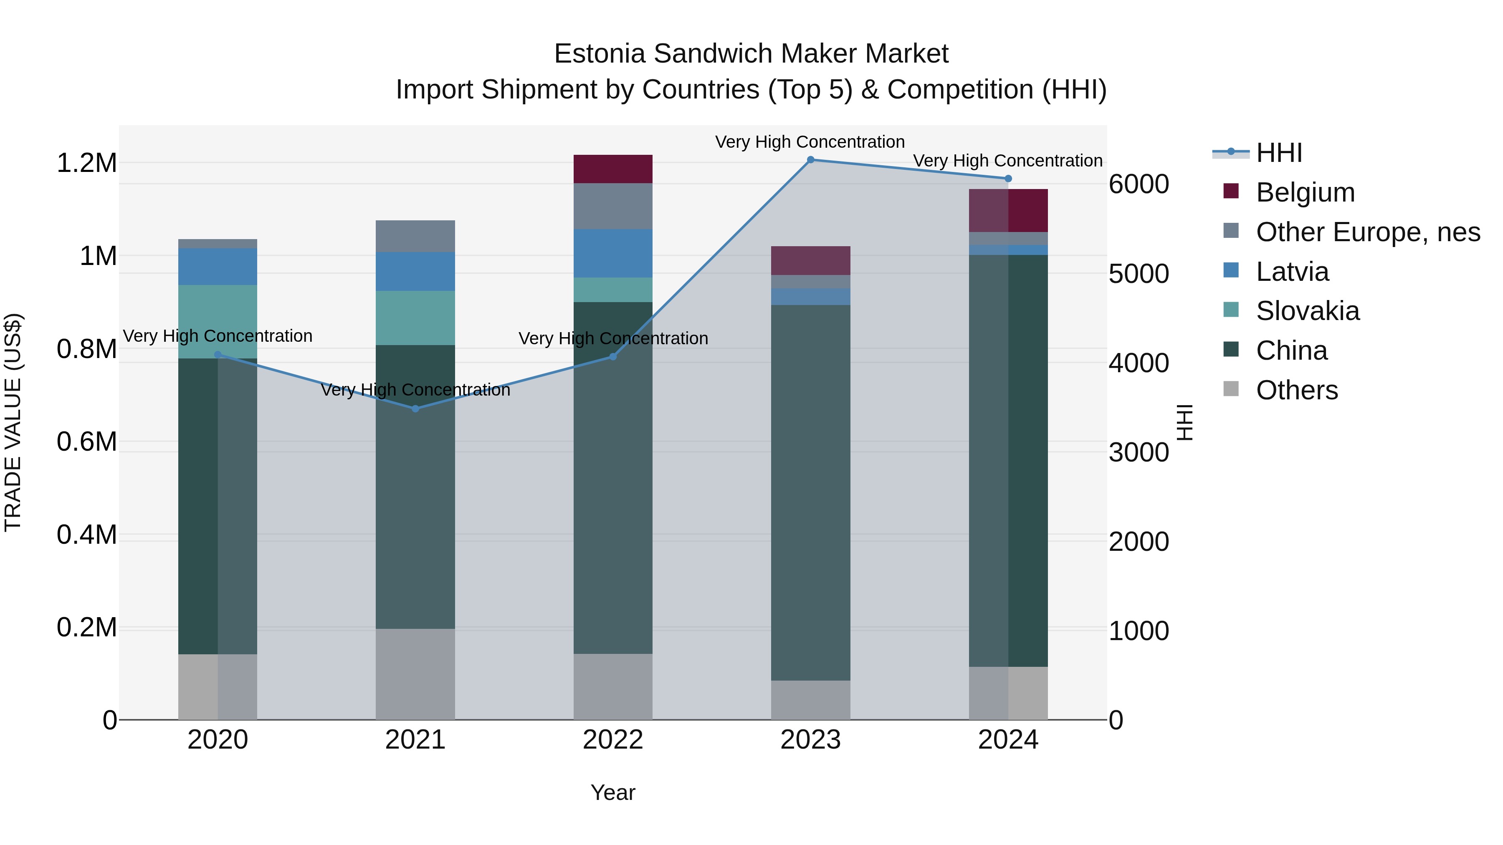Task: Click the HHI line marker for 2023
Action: (x=810, y=160)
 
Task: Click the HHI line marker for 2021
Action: (x=415, y=409)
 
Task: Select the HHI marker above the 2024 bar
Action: (x=1008, y=179)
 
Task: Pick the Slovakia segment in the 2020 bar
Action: (x=218, y=321)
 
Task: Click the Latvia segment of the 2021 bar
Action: (x=415, y=271)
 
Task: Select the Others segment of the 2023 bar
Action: (x=810, y=700)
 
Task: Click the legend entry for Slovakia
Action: (x=1307, y=311)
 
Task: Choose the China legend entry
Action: (x=1291, y=351)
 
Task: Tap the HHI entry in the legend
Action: (x=1278, y=153)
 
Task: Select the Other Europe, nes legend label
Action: (x=1368, y=232)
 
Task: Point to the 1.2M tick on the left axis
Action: (x=87, y=163)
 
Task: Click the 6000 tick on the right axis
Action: (x=1139, y=184)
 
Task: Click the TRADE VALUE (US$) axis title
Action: (x=13, y=423)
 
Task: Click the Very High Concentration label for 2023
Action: (x=810, y=142)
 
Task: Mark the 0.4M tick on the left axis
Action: (x=87, y=535)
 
